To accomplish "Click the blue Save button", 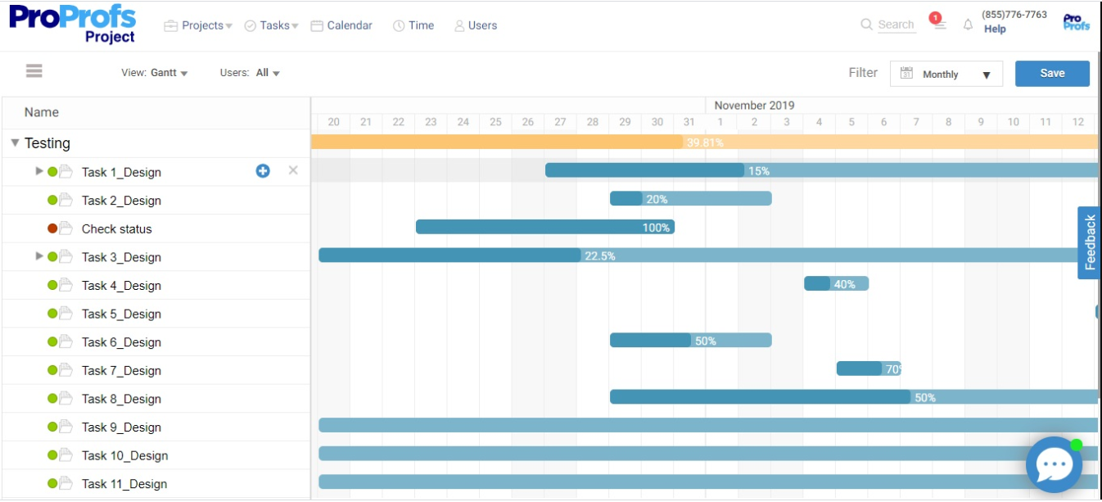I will pos(1052,74).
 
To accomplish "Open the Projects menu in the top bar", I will pos(198,25).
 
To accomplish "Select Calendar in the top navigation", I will pos(341,25).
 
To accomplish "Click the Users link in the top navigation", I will pos(476,25).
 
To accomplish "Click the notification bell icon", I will pos(968,25).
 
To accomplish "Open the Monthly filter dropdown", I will pos(946,75).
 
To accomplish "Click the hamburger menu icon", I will pos(34,71).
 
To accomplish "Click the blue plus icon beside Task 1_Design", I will pos(263,171).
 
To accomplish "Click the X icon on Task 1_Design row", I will pos(293,170).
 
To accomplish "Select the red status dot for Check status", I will pos(52,228).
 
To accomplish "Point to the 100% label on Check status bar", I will pos(656,228).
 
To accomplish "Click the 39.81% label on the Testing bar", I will pos(705,142).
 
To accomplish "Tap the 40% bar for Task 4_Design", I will pos(836,284).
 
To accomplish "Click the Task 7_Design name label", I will pos(121,371).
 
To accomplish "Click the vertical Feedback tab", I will pos(1090,242).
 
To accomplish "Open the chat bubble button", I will pos(1054,464).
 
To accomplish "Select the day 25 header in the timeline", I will pos(495,122).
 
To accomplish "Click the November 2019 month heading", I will pos(754,106).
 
